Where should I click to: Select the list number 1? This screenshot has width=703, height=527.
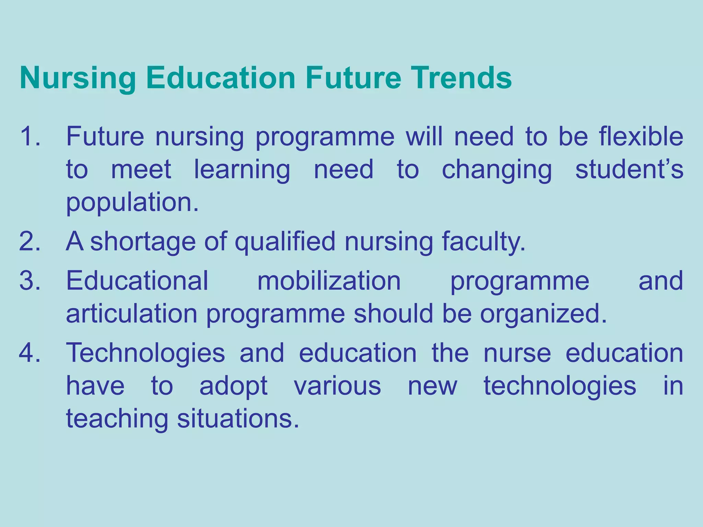click(30, 136)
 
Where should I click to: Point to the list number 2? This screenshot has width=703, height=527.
click(30, 241)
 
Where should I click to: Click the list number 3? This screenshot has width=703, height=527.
click(30, 281)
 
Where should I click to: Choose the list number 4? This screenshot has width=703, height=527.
click(30, 353)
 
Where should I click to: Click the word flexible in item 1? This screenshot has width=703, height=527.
click(641, 136)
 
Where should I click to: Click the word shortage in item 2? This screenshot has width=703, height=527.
click(143, 242)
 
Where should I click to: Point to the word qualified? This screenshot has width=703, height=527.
click(285, 242)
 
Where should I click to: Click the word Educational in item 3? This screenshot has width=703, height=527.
click(137, 281)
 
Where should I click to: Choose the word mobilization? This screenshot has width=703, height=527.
click(329, 281)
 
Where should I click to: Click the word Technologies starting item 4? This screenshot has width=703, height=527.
click(146, 353)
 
